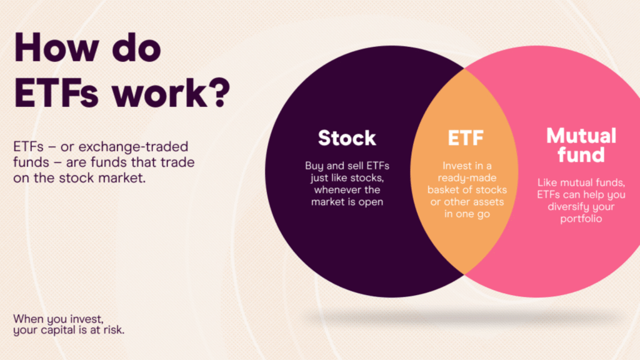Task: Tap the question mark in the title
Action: coord(220,93)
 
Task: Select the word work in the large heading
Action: coord(159,93)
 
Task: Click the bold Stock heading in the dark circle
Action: coord(347,138)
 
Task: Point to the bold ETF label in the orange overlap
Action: coord(466,138)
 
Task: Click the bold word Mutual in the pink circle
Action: coord(581,136)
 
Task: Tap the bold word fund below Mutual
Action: coord(581,155)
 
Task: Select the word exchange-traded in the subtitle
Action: coord(133,146)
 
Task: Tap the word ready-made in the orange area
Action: coord(467,178)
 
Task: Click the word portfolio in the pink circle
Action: coord(581,219)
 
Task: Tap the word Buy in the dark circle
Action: coord(314,166)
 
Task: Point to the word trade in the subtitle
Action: coord(177,162)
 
